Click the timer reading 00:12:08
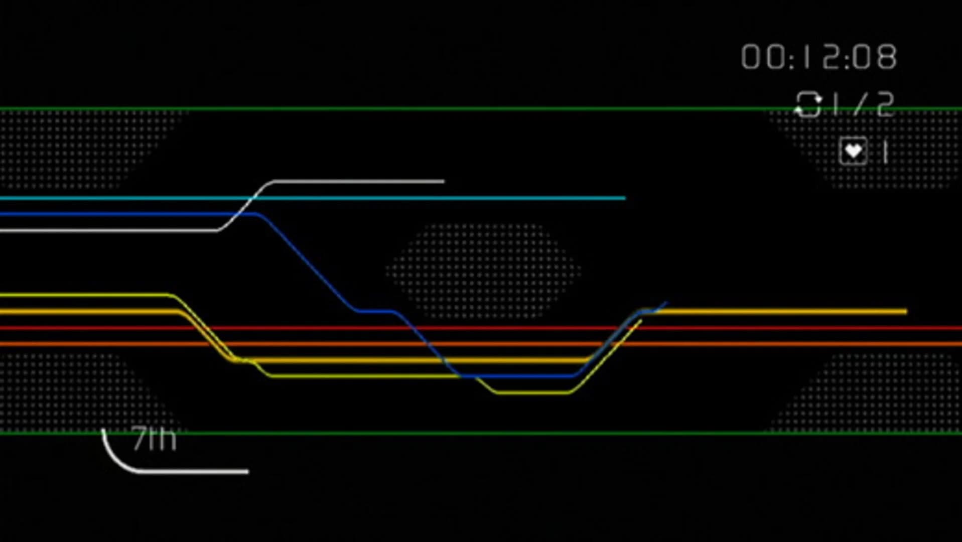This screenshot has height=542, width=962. coord(818,57)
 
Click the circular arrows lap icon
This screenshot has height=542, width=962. coord(808,104)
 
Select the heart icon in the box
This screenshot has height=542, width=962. coord(853,151)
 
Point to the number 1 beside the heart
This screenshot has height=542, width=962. coord(885,152)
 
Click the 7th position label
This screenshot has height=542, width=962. coord(154,439)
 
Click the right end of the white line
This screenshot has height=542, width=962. coord(443,181)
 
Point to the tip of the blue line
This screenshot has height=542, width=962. coord(666,303)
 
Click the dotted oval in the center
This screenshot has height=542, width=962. coord(483,271)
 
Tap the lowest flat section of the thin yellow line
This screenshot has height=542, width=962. coord(532,392)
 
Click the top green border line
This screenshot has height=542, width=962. coord(401,108)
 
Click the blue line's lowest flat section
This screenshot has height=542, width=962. coord(517,375)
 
